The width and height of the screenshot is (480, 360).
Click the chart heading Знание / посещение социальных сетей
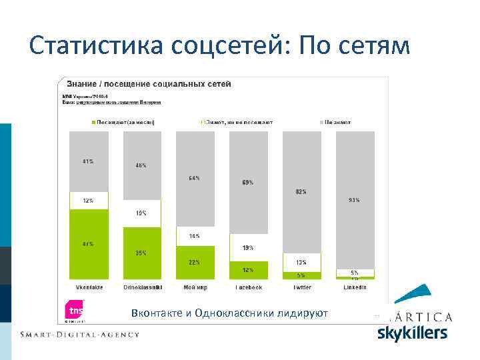(148, 84)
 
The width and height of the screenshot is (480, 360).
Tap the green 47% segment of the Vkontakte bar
(89, 244)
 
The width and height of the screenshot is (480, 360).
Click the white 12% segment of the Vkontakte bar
(89, 201)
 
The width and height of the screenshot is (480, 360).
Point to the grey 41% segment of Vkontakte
(89, 162)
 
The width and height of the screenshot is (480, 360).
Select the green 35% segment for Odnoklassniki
(141, 253)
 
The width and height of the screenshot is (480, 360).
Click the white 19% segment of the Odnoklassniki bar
(141, 213)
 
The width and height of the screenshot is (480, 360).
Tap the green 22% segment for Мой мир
(195, 262)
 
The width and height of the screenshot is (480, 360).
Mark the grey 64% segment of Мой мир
(195, 179)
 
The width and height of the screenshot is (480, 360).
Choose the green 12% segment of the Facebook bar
(248, 269)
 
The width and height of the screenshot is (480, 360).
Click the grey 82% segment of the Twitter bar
(301, 192)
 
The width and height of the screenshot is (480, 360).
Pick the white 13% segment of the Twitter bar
(301, 263)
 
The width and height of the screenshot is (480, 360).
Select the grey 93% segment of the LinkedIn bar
(355, 199)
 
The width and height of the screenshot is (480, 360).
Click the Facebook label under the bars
(248, 287)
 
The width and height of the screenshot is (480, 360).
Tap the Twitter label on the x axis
(301, 287)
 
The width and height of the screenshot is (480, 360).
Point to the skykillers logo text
(413, 332)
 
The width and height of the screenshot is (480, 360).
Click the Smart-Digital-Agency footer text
(80, 334)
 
